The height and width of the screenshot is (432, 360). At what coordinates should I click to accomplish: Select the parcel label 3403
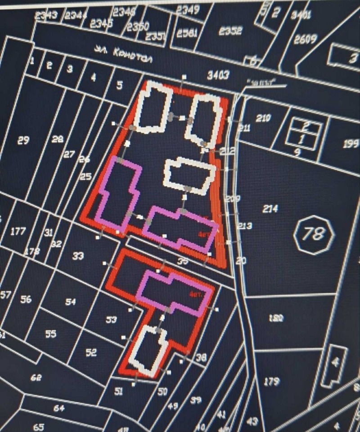(x=218, y=75)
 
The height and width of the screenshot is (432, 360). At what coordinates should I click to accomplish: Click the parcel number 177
(x=18, y=232)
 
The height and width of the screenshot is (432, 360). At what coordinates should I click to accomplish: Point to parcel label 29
(x=23, y=141)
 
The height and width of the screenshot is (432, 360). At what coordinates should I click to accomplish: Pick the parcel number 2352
(x=230, y=31)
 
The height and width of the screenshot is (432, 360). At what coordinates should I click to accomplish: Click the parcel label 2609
(x=306, y=39)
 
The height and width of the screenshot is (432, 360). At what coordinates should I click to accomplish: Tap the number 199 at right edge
(x=351, y=144)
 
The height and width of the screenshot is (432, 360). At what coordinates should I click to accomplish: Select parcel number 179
(x=271, y=382)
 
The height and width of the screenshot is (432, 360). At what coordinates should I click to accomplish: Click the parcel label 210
(x=263, y=118)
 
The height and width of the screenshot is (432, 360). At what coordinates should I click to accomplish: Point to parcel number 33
(x=78, y=256)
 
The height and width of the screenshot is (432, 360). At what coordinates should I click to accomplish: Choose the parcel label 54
(x=71, y=302)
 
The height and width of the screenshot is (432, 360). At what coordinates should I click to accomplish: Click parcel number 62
(x=36, y=378)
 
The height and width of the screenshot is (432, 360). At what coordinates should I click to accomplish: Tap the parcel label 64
(x=59, y=408)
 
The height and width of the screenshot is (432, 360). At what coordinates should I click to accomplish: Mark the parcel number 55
(x=51, y=334)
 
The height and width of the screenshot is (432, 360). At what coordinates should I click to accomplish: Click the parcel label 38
(x=201, y=358)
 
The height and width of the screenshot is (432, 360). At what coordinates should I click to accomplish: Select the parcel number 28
(x=57, y=139)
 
